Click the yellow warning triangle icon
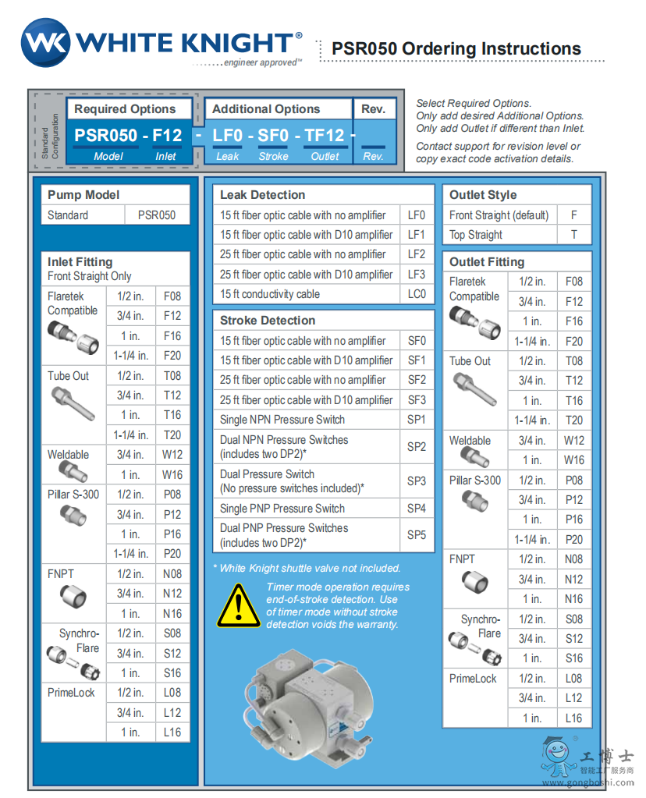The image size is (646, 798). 237,605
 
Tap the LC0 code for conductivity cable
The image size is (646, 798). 417,294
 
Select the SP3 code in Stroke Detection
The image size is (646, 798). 417,481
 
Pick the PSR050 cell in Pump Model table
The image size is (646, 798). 157,215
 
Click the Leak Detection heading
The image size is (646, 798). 262,195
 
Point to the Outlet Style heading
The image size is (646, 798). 483,195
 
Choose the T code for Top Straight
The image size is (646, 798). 574,235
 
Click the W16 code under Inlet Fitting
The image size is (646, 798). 172,474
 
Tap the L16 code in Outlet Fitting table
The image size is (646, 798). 574,718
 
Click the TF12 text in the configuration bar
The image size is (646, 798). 325,136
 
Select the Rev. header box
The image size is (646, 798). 374,109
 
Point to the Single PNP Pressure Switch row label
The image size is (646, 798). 283,509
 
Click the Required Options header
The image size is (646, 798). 125,109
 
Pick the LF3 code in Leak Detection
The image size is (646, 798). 417,275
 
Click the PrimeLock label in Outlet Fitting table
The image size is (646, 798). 473,679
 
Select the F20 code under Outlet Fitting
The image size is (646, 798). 574,341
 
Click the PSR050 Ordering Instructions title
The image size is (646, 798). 456,48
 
